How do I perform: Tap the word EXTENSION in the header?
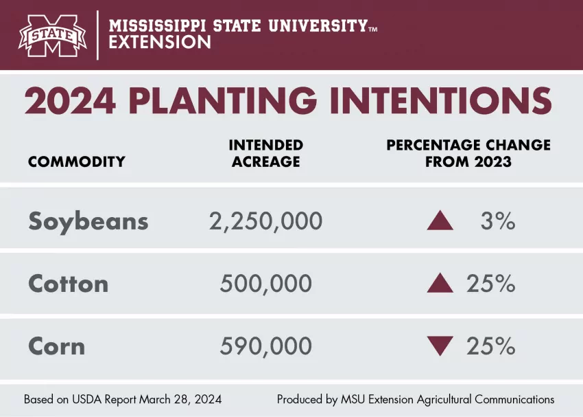tap(160, 43)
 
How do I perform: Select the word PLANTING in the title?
tap(223, 101)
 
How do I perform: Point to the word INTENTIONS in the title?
tap(440, 101)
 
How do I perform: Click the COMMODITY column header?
tap(77, 162)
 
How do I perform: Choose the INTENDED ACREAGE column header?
tap(266, 154)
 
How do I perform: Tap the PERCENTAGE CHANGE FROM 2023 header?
tap(468, 154)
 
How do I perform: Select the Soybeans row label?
tap(88, 221)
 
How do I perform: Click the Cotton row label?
tap(69, 284)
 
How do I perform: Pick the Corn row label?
tap(57, 346)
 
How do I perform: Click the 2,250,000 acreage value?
tap(265, 221)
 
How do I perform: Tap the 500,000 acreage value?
tap(266, 284)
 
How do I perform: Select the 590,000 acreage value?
tap(266, 346)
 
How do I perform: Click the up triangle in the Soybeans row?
tap(440, 221)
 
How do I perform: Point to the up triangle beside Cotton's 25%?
tap(440, 284)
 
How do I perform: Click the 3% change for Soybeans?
tap(498, 221)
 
